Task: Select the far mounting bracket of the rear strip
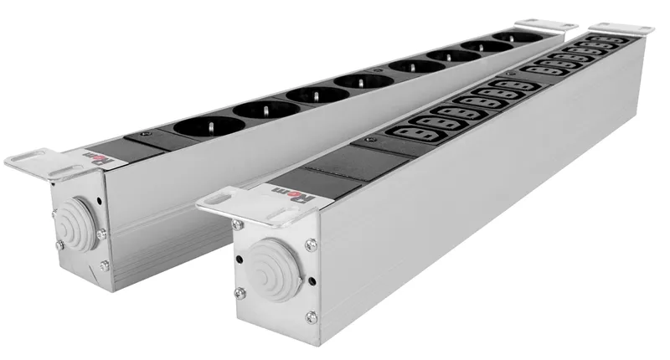(x=541, y=28)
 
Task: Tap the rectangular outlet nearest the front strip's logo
(x=415, y=132)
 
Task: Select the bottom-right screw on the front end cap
(x=312, y=316)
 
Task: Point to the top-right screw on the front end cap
(x=311, y=245)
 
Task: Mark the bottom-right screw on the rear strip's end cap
(x=105, y=265)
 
